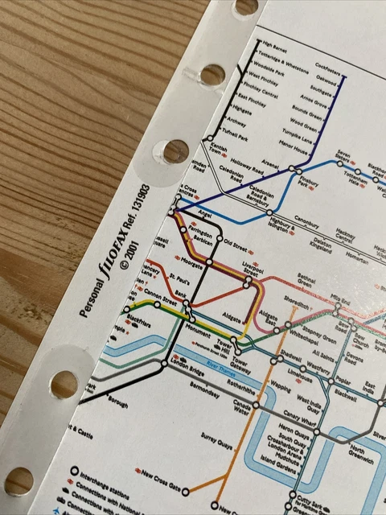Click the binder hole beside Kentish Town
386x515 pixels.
point(176,150)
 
